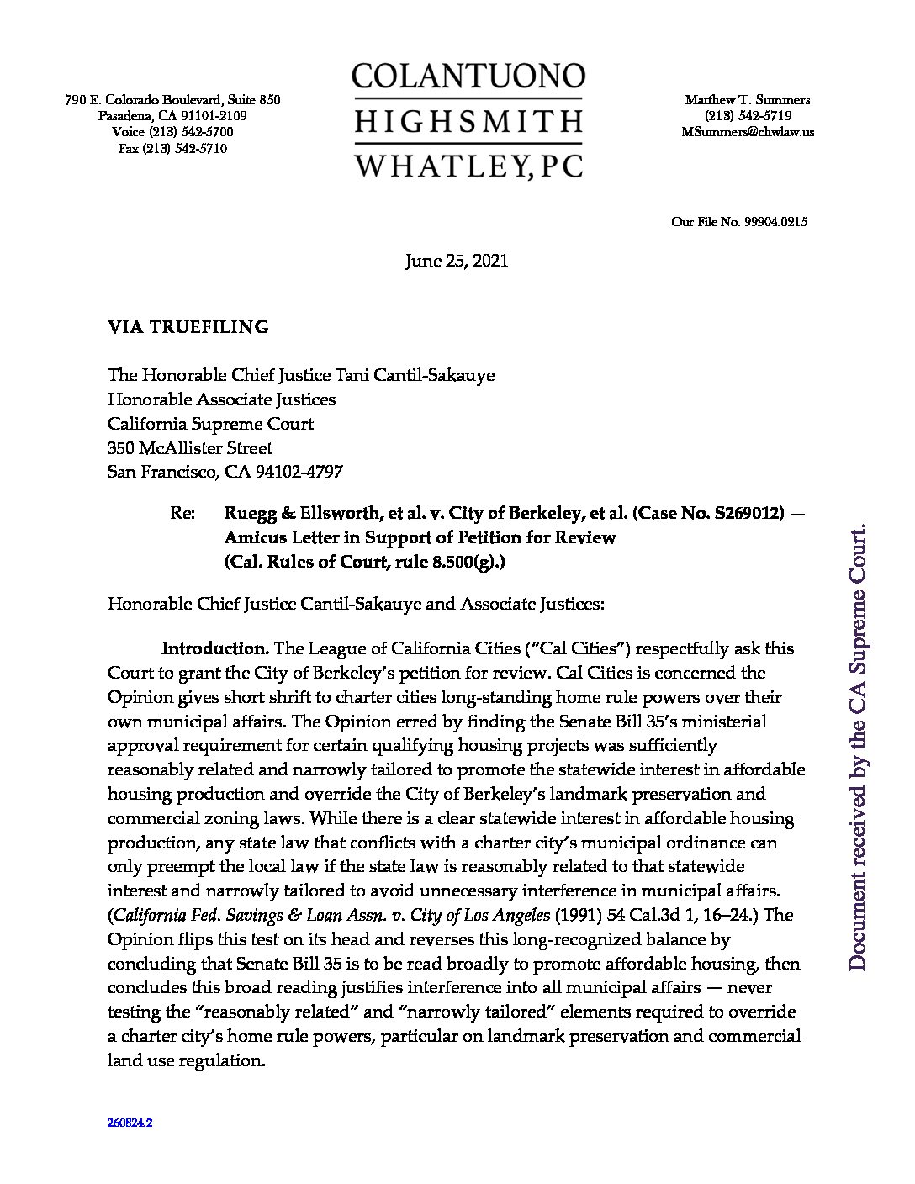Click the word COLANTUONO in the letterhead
coord(468,77)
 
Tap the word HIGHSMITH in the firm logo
coord(468,121)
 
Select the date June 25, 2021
coord(457,262)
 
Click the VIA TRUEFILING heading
coord(188,328)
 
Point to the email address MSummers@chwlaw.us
coord(748,132)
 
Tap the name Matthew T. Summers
coord(748,99)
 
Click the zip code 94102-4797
coord(303,473)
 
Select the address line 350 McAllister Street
coord(190,448)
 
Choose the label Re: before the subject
coord(182,513)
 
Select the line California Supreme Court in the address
coord(210,424)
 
